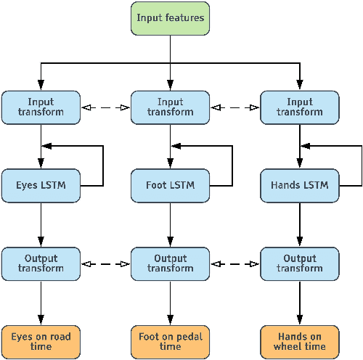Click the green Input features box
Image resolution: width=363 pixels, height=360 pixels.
coord(170,17)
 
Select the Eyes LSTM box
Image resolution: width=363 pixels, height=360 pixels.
coord(41,185)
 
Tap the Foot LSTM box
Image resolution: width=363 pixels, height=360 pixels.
coord(170,185)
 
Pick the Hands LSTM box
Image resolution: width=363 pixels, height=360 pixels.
coord(300,185)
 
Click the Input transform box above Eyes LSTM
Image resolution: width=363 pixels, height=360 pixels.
coord(41,107)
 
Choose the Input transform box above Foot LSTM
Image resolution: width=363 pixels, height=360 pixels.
coord(170,107)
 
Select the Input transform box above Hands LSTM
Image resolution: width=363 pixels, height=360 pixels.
coord(300,107)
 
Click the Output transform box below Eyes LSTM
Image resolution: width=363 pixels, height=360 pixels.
coord(41,263)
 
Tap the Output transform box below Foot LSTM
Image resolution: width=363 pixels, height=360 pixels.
coord(170,263)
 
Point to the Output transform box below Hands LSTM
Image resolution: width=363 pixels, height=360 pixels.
coord(300,263)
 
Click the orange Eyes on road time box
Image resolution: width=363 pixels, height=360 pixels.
coord(41,341)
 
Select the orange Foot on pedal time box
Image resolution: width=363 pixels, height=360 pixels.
coord(170,341)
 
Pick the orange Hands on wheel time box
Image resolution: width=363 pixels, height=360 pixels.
coord(300,341)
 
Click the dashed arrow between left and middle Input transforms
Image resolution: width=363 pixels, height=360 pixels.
coord(105,108)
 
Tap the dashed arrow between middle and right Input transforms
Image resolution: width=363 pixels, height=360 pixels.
coord(234,108)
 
